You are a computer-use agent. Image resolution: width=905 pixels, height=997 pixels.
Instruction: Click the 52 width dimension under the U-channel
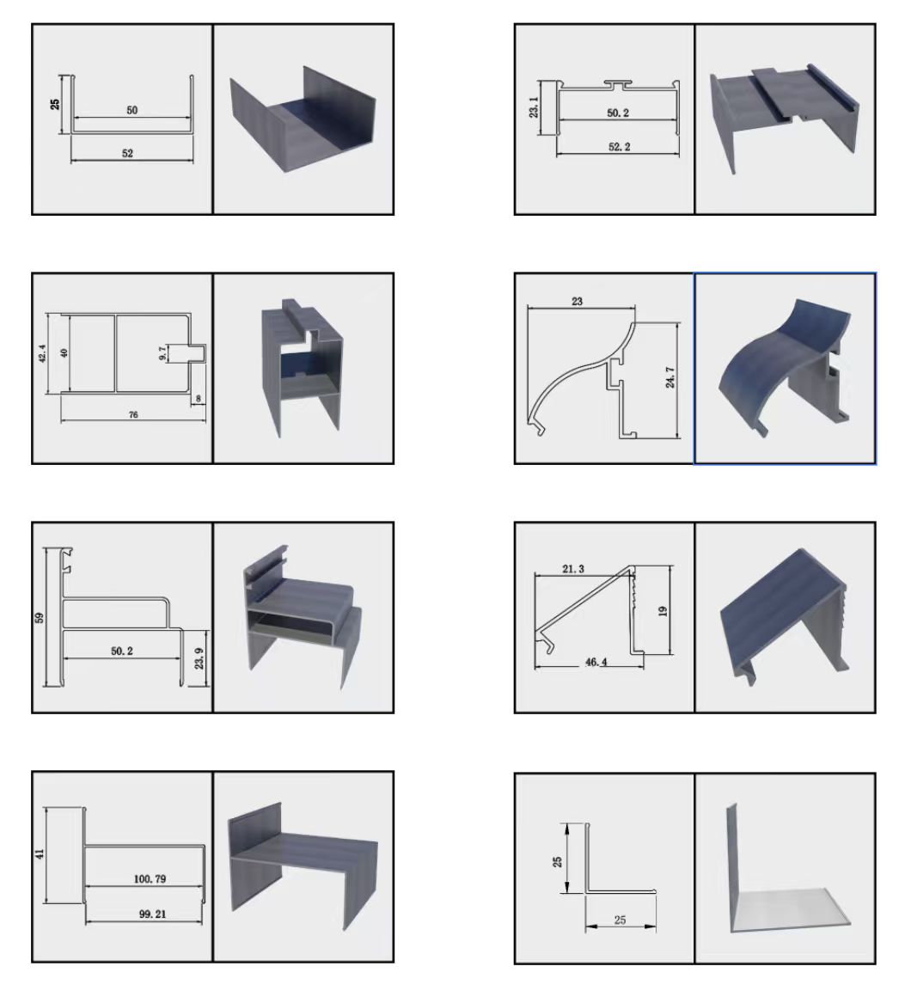tap(127, 153)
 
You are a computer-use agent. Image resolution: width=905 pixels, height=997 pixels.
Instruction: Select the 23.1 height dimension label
tap(534, 107)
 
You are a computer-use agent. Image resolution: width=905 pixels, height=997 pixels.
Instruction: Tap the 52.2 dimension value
tap(619, 147)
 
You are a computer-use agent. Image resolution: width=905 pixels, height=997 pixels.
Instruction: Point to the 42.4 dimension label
tap(42, 353)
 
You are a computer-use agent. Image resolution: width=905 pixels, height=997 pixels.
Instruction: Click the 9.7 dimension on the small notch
tap(162, 353)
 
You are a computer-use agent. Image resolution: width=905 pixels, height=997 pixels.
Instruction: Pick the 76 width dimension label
tap(133, 414)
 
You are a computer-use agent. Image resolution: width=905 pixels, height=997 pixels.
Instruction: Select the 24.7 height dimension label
tap(670, 377)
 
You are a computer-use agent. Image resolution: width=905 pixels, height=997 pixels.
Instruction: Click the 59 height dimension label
tap(40, 617)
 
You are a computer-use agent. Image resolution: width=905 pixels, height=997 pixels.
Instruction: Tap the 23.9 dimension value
tap(199, 658)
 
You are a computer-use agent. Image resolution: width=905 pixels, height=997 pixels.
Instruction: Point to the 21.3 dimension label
tap(573, 569)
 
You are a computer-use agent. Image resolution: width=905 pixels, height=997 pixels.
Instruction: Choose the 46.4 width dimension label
tap(596, 662)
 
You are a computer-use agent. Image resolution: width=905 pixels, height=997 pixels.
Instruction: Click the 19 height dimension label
tap(663, 611)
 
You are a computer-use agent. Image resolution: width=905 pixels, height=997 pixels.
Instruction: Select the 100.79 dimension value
tap(150, 878)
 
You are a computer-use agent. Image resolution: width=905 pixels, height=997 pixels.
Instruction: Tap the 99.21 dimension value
tap(152, 914)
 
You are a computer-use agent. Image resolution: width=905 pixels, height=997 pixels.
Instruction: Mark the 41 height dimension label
tap(40, 853)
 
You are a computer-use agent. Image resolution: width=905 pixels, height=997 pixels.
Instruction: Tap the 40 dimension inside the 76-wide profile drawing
tap(64, 353)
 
